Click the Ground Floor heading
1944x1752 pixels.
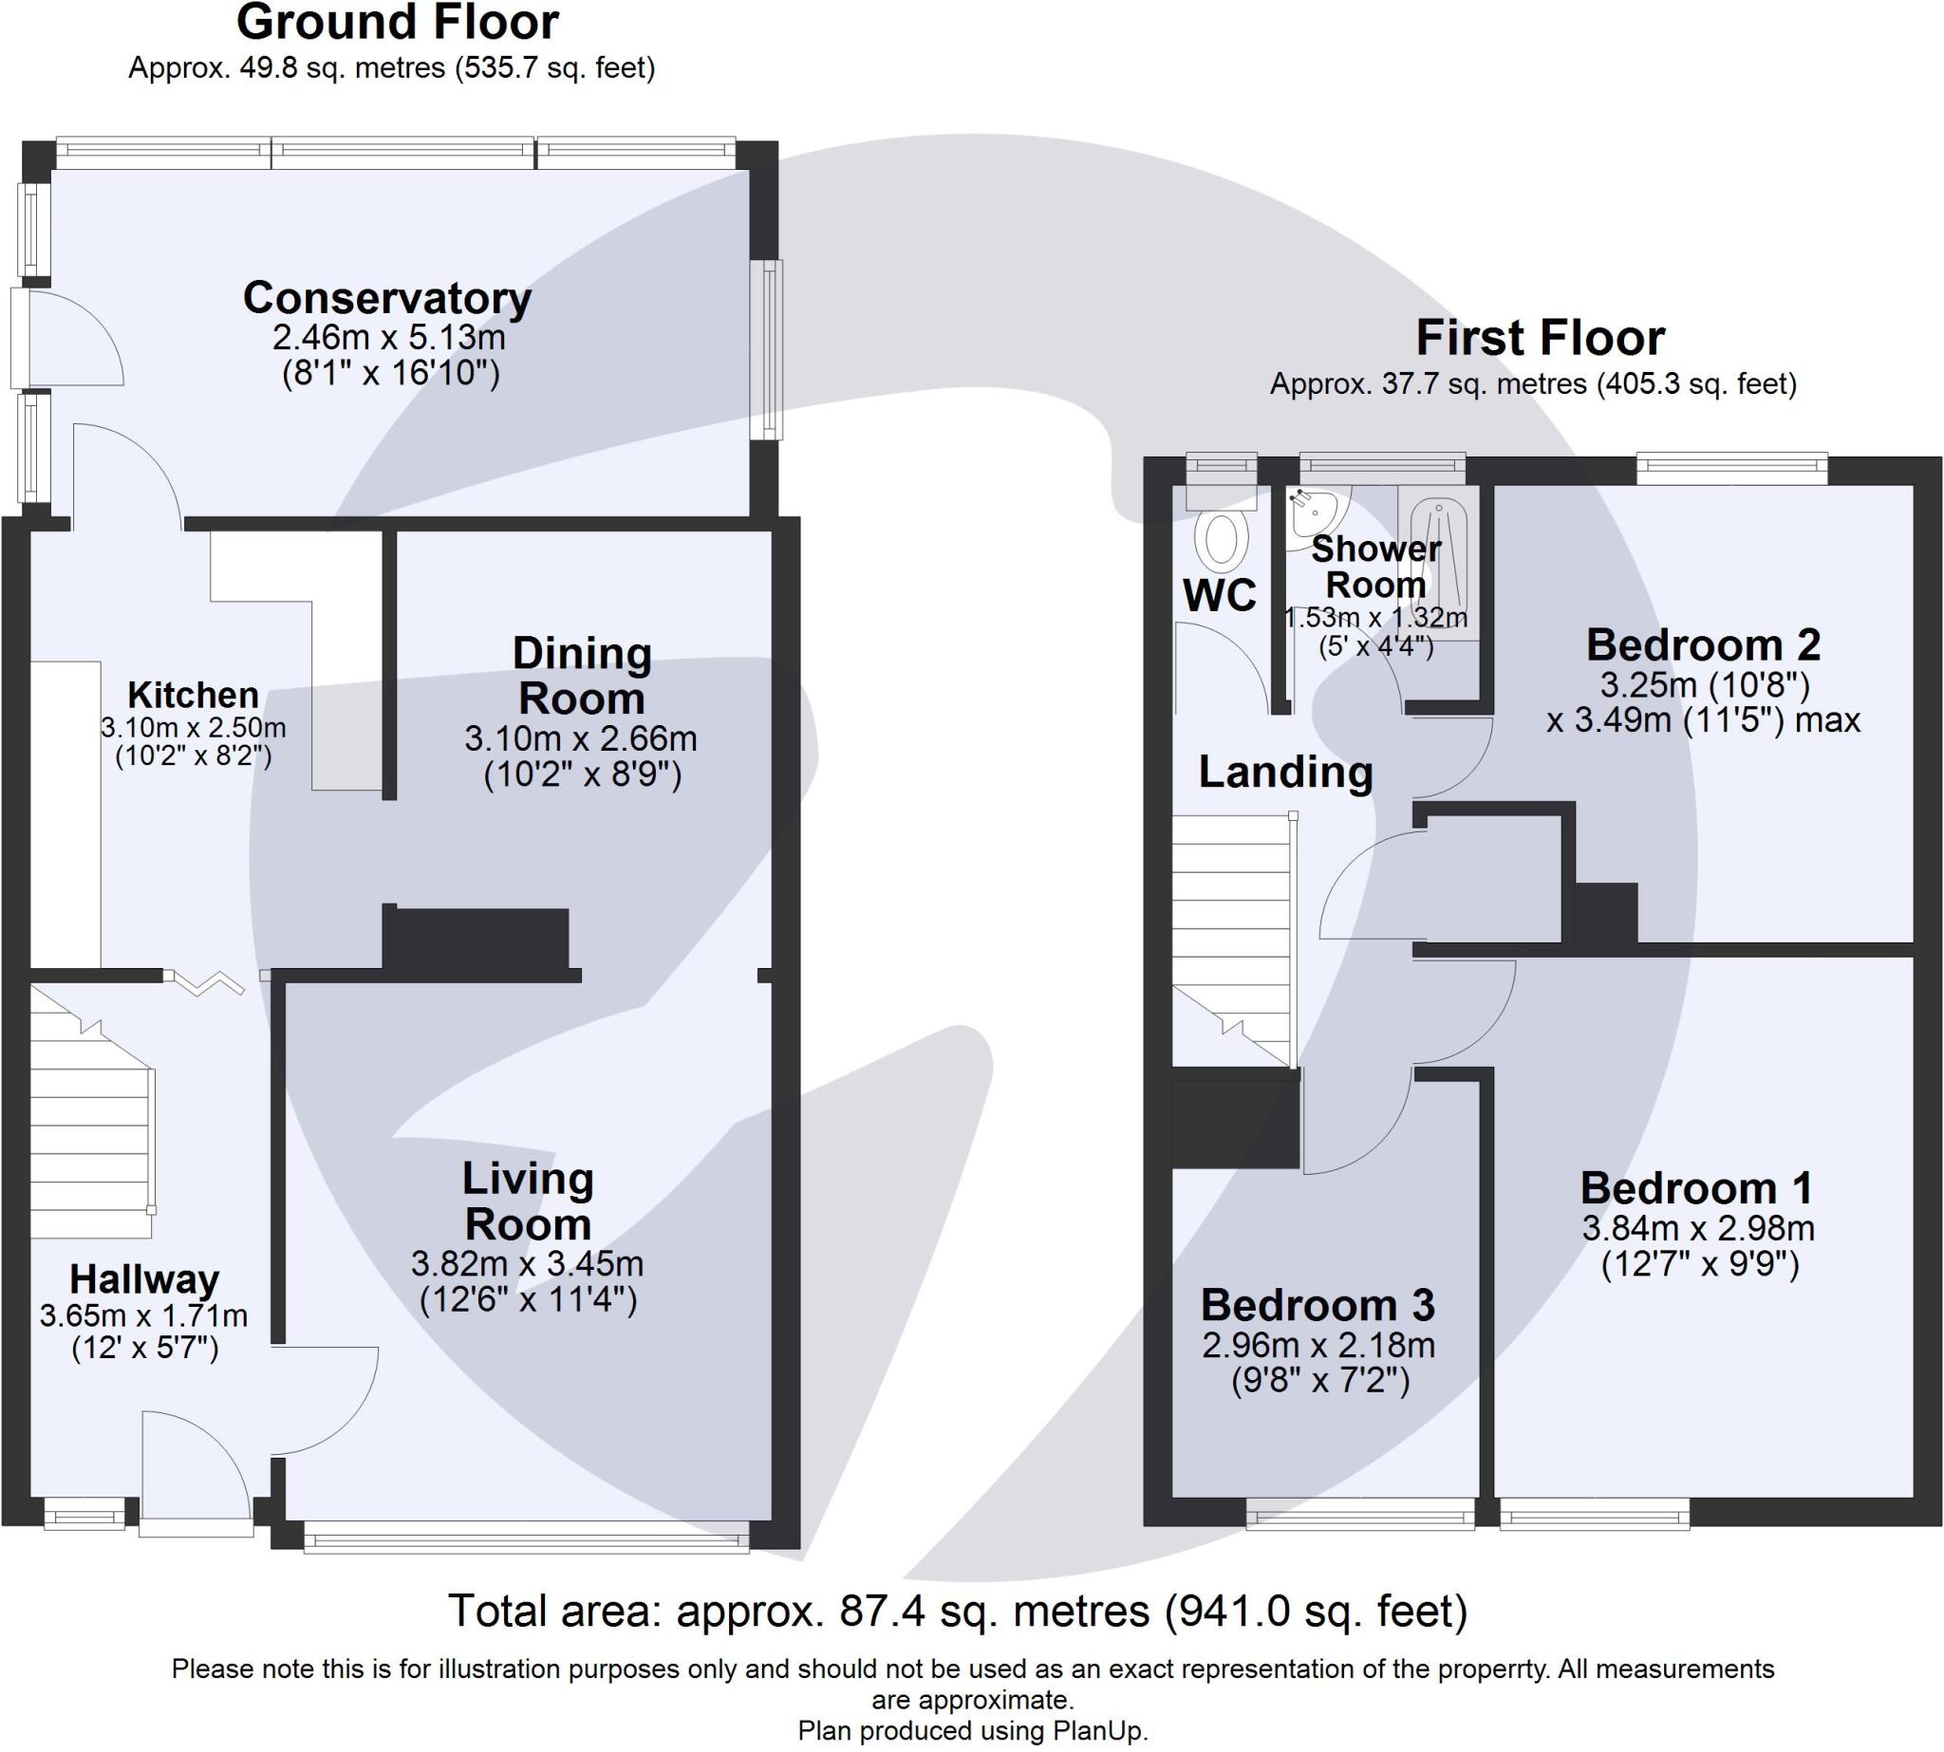397,23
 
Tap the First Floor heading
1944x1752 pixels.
1540,338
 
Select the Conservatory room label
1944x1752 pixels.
387,298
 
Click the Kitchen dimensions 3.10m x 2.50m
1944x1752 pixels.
194,728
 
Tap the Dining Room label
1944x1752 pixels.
582,676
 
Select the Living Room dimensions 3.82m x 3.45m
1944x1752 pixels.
528,1263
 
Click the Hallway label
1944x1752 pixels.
144,1279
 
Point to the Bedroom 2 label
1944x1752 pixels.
1702,645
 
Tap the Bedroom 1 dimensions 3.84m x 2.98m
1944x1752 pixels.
1698,1228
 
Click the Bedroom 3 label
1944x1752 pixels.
1318,1305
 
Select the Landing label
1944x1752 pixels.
1285,772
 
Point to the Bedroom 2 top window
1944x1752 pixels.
1731,469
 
